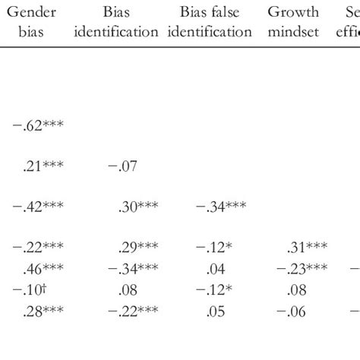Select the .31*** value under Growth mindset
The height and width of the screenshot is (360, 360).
(x=307, y=246)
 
